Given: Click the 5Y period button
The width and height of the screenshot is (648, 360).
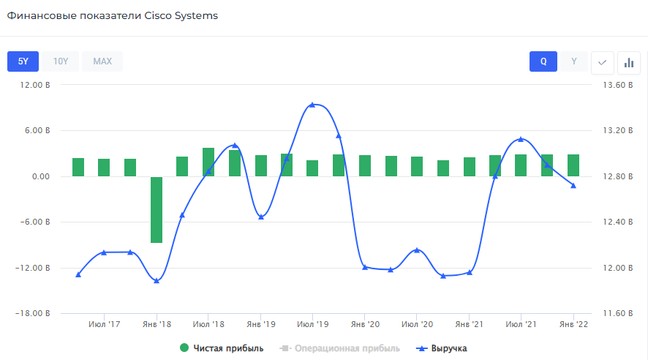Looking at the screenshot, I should pyautogui.click(x=23, y=61).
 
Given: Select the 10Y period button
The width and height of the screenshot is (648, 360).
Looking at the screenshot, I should pyautogui.click(x=61, y=61).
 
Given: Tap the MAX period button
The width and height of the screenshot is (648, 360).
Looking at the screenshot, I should pyautogui.click(x=102, y=61).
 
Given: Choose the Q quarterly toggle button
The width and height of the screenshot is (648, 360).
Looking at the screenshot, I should pyautogui.click(x=543, y=61).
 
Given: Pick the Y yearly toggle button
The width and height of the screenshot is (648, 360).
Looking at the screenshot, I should pyautogui.click(x=574, y=61).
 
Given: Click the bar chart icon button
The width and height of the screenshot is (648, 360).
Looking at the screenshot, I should pyautogui.click(x=628, y=62).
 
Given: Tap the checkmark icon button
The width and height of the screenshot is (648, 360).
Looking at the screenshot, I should pyautogui.click(x=602, y=62).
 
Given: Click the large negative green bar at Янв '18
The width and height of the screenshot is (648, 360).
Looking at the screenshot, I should pyautogui.click(x=157, y=209).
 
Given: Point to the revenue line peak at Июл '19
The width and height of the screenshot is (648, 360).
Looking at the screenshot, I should pyautogui.click(x=312, y=105).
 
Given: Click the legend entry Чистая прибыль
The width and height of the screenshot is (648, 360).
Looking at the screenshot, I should pyautogui.click(x=222, y=348).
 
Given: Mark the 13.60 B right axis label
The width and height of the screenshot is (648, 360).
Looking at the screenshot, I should pyautogui.click(x=612, y=85).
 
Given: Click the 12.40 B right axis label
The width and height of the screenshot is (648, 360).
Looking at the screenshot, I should pyautogui.click(x=612, y=222).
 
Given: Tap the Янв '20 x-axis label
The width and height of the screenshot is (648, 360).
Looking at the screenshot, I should pyautogui.click(x=365, y=324).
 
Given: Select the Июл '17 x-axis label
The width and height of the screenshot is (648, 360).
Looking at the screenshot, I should pyautogui.click(x=105, y=324).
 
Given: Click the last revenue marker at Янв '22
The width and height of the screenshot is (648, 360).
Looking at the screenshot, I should pyautogui.click(x=573, y=185).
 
